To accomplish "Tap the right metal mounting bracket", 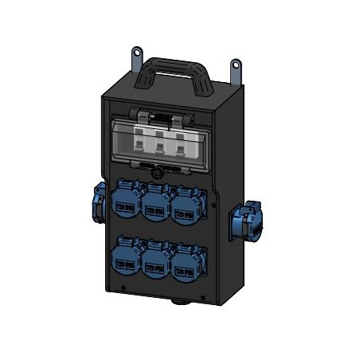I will point(237,69).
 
